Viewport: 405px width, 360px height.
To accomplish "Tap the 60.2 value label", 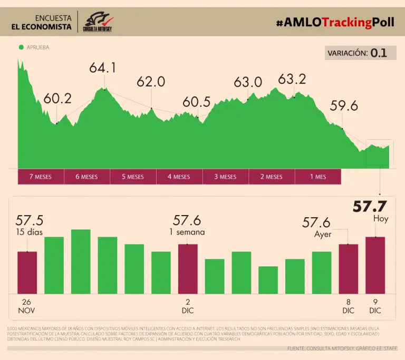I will [x=57, y=99].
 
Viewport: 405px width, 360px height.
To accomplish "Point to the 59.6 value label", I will [x=344, y=106].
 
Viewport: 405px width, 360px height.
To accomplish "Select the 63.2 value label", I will [x=292, y=79].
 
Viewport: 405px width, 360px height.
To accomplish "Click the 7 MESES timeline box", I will [x=41, y=177].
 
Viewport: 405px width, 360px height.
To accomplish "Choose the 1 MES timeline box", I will [x=318, y=177].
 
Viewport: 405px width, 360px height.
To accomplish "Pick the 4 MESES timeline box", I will [x=179, y=177].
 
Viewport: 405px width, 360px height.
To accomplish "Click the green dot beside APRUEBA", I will [x=21, y=47].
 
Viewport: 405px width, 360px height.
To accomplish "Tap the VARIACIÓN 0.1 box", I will [x=360, y=53].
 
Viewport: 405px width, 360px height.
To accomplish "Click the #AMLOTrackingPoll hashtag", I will [x=335, y=22].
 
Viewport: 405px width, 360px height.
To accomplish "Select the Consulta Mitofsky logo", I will [x=98, y=22].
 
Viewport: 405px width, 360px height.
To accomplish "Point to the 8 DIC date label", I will [x=348, y=307].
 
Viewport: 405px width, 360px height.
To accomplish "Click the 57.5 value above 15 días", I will [x=30, y=220].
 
